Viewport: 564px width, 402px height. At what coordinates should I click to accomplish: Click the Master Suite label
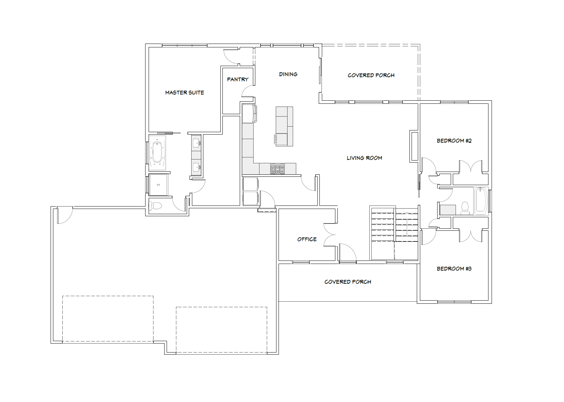(x=185, y=92)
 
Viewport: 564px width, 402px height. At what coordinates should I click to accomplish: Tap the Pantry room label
(x=238, y=80)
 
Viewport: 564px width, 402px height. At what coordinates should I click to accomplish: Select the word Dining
(x=288, y=74)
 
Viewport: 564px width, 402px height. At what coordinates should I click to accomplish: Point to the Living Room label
(x=364, y=158)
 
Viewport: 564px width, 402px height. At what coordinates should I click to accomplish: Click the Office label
(x=307, y=239)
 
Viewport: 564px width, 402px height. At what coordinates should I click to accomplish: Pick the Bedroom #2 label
(x=454, y=140)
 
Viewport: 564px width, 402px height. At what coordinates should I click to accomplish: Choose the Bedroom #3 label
(x=454, y=268)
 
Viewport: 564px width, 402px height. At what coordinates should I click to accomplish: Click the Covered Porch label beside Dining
(x=371, y=75)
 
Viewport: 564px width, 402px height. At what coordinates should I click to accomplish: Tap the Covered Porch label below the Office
(x=348, y=282)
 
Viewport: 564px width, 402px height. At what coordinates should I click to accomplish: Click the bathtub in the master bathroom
(x=157, y=153)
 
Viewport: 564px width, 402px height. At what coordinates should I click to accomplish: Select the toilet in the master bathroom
(x=156, y=206)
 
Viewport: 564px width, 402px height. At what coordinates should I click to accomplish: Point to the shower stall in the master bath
(x=158, y=185)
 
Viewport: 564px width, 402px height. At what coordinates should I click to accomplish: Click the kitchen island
(x=284, y=126)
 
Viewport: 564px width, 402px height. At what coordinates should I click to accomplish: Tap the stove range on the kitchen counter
(x=278, y=169)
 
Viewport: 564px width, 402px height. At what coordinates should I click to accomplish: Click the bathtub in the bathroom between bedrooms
(x=481, y=201)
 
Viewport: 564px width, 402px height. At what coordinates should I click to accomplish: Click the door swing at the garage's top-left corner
(x=65, y=215)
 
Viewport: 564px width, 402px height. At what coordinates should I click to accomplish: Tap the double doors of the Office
(x=329, y=235)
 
